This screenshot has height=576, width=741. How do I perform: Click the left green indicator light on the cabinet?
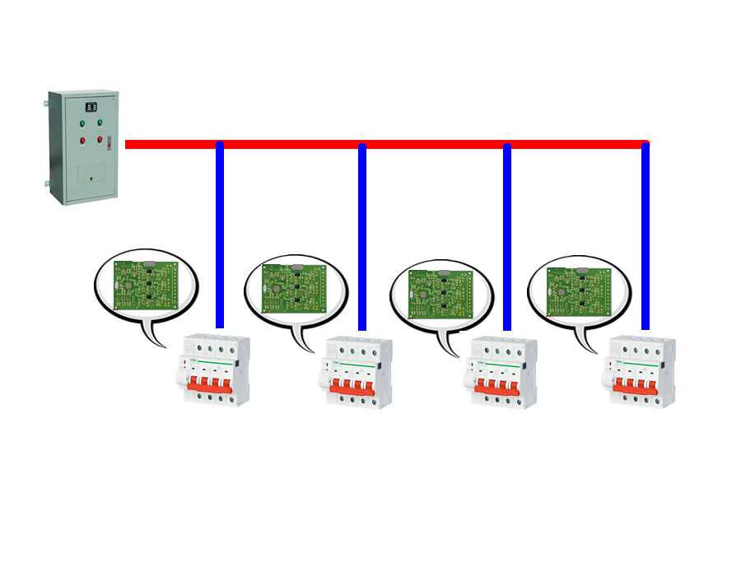coord(82,124)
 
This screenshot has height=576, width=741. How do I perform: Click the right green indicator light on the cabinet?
coord(100,123)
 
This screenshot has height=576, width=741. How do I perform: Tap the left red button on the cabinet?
coord(82,140)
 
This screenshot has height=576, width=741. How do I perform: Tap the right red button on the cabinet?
coord(100,140)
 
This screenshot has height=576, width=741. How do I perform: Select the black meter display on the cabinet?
coord(91,106)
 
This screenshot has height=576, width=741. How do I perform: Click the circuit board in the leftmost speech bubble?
coord(147,285)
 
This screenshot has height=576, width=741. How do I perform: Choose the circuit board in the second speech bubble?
coord(294,288)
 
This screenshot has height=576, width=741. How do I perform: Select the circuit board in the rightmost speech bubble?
coord(580,290)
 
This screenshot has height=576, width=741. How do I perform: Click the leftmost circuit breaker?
coord(213,369)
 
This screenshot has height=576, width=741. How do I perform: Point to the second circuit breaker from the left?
coord(355,374)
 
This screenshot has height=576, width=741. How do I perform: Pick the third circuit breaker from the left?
coord(501,374)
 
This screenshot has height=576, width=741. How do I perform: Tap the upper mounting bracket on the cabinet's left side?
coord(46,104)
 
